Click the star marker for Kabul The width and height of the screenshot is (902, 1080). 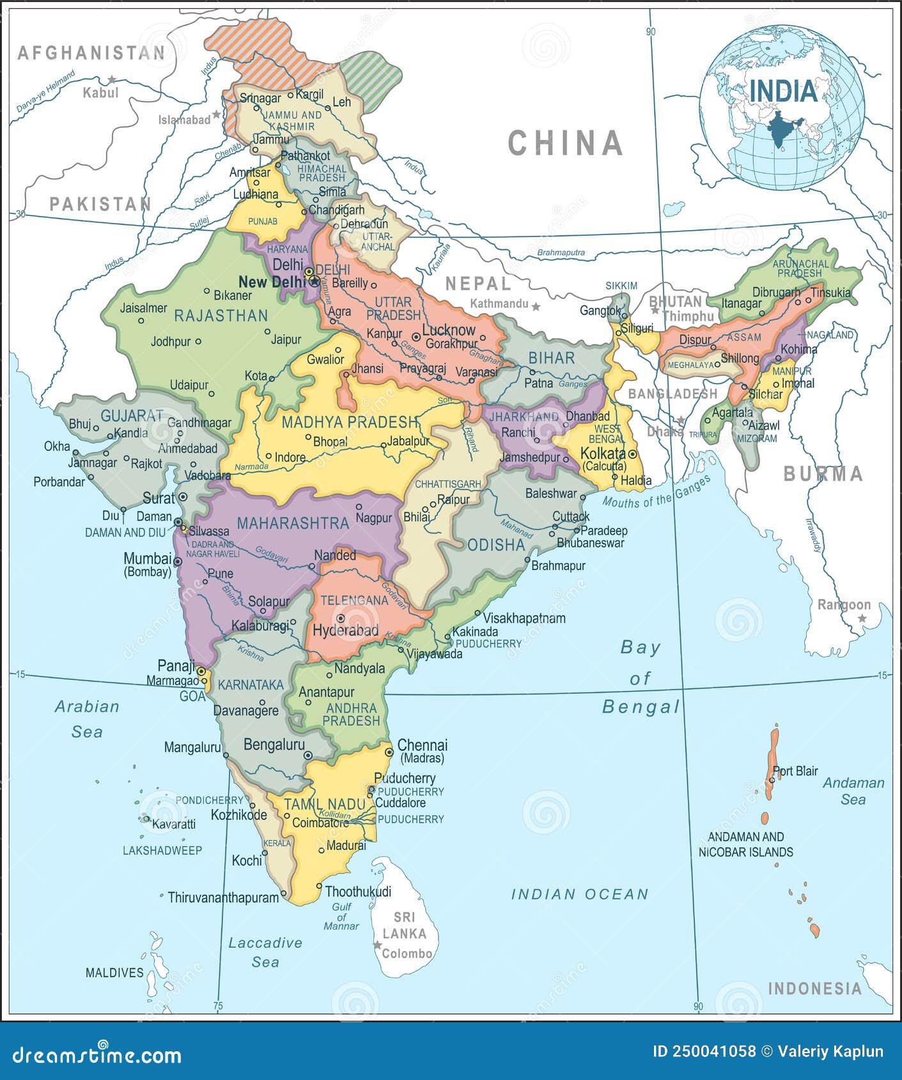click(113, 80)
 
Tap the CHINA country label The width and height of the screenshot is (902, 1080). click(565, 143)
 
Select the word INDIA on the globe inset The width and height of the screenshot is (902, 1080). click(784, 91)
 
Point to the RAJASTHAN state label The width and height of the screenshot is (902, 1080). click(221, 316)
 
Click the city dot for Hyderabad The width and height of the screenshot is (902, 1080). click(341, 618)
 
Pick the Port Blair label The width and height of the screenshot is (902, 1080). click(796, 771)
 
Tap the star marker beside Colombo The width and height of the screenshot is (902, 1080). click(378, 945)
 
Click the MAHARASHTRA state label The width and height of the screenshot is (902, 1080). click(293, 523)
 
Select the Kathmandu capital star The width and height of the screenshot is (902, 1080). click(536, 307)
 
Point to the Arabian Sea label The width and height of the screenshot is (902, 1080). click(87, 718)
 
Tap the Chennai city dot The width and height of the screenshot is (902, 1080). click(389, 752)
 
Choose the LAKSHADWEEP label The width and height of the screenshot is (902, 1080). click(162, 851)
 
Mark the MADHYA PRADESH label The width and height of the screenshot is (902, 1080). click(350, 422)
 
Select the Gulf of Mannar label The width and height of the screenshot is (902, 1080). click(341, 916)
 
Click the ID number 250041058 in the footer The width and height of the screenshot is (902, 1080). click(704, 1051)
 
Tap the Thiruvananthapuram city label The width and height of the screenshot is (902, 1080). click(223, 897)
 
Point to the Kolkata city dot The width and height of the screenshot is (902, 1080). click(632, 454)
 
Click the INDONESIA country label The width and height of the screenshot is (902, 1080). click(814, 989)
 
